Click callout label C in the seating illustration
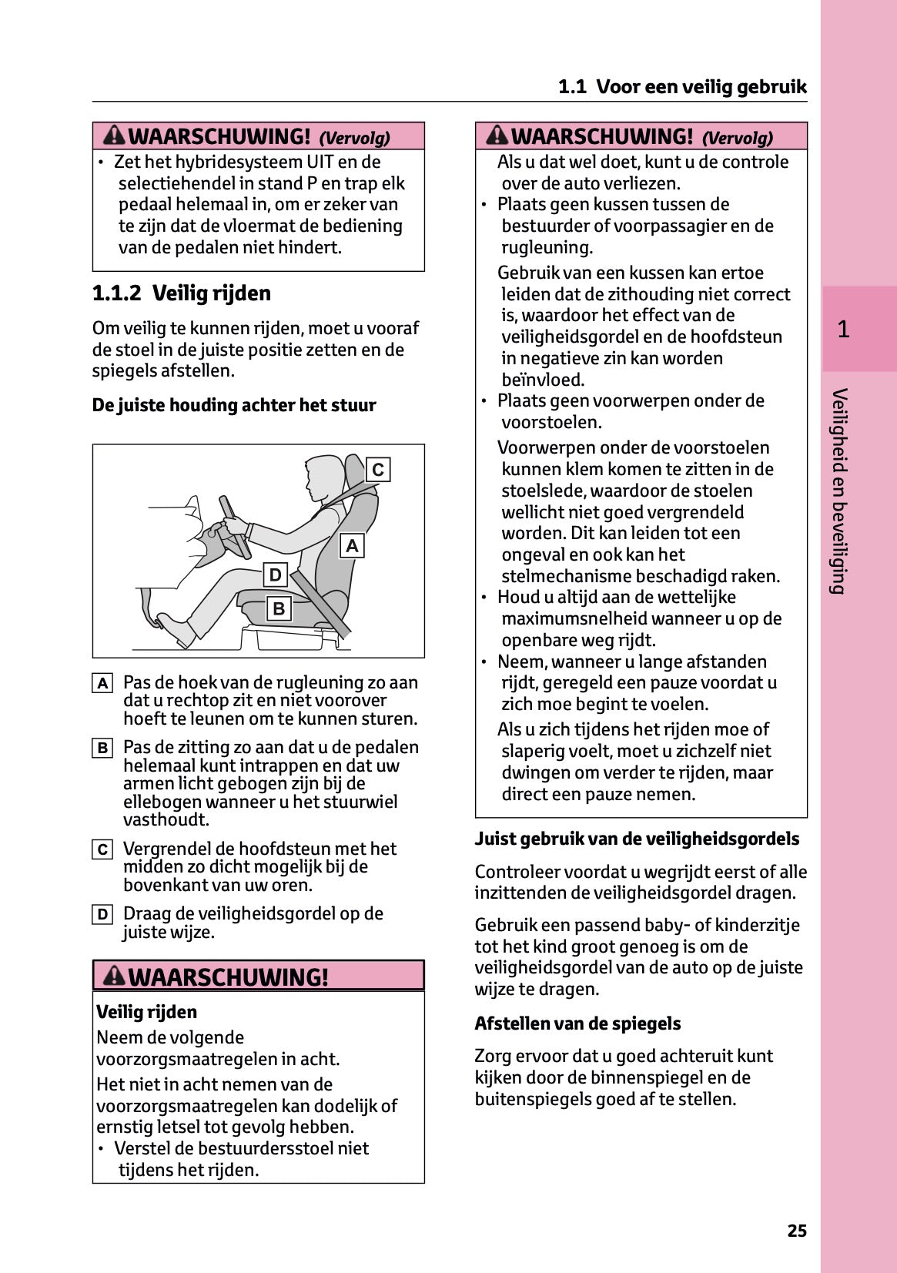[378, 470]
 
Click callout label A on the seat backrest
[352, 546]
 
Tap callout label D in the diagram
[275, 575]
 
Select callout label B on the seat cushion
[279, 608]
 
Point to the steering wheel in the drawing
[234, 527]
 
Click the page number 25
[797, 1231]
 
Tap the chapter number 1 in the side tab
[843, 330]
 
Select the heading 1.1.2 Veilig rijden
[182, 293]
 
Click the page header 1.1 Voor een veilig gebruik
[682, 87]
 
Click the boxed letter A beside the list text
[102, 683]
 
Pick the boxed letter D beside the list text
[102, 915]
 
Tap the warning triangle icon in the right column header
[497, 136]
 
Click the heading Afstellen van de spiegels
[577, 1023]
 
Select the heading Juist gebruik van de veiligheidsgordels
[637, 839]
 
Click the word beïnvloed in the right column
[543, 380]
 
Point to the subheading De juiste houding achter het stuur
[234, 405]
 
